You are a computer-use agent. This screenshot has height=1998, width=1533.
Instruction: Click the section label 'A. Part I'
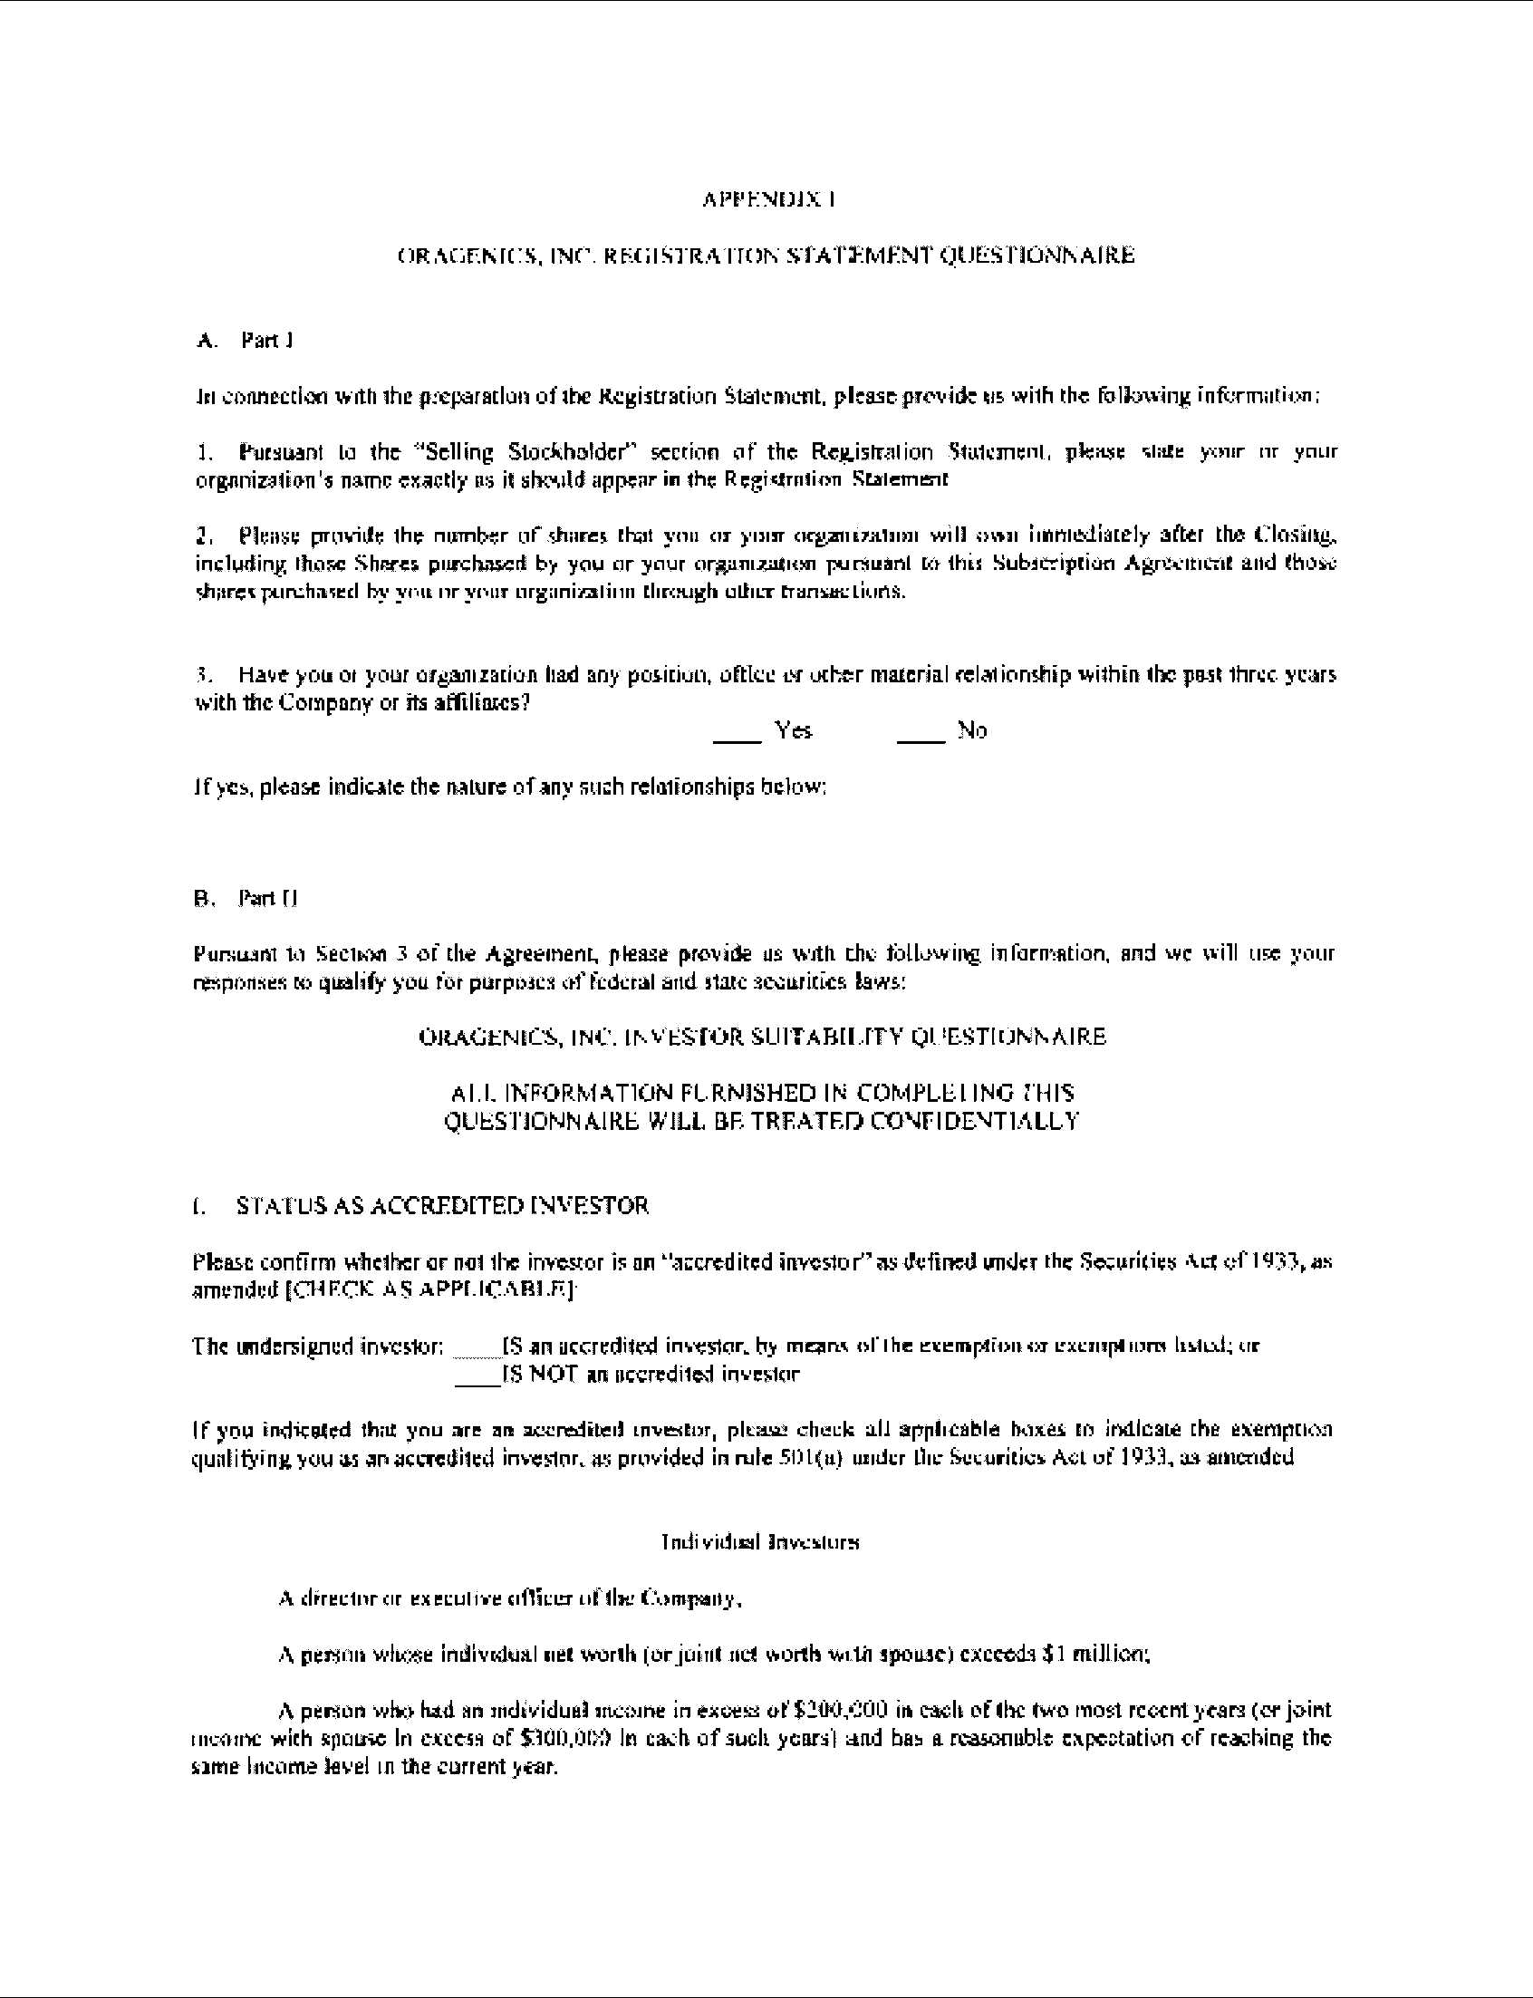244,341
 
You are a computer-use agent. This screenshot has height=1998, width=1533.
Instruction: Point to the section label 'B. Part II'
245,899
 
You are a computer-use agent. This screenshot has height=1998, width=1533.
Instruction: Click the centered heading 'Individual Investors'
760,1542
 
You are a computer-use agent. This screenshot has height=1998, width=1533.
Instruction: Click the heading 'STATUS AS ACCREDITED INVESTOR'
442,1206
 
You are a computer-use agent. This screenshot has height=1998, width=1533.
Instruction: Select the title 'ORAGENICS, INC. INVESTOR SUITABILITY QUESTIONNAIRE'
762,1038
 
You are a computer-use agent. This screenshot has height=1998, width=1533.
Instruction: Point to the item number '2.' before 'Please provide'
205,535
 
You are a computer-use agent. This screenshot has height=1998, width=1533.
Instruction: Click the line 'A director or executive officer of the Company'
508,1598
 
